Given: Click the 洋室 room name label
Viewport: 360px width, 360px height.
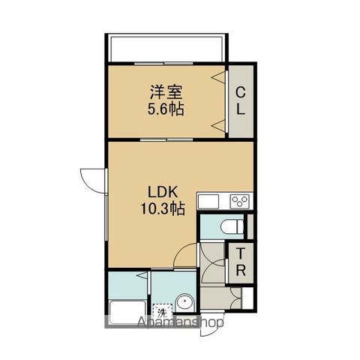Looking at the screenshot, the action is tap(166, 92).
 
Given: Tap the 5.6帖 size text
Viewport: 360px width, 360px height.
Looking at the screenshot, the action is tap(166, 109).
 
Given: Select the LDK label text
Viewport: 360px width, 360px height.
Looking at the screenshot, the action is tap(163, 192).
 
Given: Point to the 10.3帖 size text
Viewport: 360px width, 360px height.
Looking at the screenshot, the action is tap(163, 208).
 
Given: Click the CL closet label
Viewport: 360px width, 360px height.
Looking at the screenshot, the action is tap(241, 101).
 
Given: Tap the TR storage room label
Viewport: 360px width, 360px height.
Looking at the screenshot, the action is tap(241, 262).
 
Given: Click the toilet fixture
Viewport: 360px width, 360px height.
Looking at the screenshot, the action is tap(232, 226).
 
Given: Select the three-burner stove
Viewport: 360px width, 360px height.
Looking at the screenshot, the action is tap(240, 201).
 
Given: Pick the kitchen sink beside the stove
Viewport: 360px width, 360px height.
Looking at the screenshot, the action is tap(208, 201).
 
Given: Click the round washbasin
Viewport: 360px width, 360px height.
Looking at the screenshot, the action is tap(185, 302).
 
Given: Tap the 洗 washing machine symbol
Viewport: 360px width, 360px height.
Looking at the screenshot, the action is tap(163, 311).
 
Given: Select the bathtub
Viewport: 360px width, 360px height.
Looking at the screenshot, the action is tap(127, 313).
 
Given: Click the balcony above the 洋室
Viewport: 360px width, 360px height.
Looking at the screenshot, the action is tap(166, 48).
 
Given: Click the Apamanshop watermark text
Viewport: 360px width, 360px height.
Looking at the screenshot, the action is tap(180, 322).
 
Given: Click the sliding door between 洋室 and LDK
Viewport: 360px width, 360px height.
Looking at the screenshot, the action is tap(166, 139).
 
